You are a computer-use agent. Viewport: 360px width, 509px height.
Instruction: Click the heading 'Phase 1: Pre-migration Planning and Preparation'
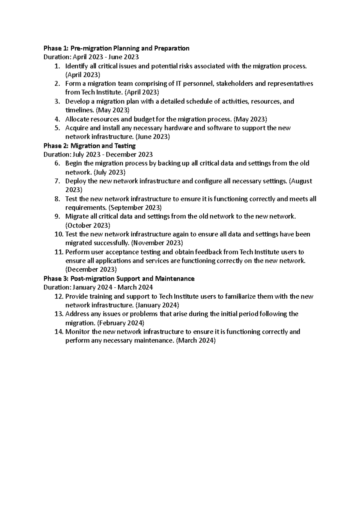click(116, 48)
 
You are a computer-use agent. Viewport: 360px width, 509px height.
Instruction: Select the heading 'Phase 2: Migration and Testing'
click(89, 146)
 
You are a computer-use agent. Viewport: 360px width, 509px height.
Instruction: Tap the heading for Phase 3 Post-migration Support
click(119, 279)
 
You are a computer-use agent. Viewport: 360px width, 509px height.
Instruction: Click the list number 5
click(58, 128)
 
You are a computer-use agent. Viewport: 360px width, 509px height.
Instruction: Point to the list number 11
click(59, 252)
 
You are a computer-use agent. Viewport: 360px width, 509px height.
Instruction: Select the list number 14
click(59, 332)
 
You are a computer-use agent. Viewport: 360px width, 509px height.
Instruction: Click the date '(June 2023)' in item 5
click(153, 137)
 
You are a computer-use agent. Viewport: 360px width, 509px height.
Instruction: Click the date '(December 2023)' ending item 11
click(91, 269)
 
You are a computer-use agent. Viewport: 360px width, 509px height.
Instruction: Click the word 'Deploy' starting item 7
click(75, 181)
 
